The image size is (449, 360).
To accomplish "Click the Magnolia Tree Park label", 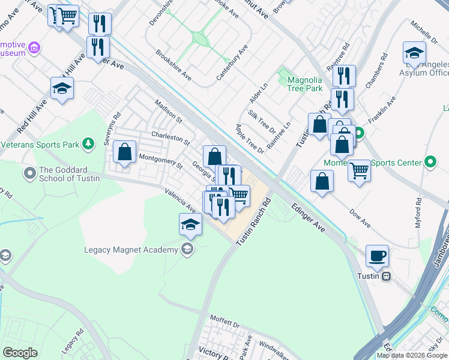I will (305, 83).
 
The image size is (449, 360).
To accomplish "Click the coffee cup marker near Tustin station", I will (377, 256).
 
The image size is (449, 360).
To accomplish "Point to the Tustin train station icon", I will (386, 276).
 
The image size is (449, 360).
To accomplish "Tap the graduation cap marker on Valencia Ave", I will (190, 225).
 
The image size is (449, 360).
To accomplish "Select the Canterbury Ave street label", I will (232, 61).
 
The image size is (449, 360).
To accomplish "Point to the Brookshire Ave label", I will (173, 65).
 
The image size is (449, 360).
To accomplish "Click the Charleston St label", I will (170, 139).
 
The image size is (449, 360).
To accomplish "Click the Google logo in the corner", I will (20, 353).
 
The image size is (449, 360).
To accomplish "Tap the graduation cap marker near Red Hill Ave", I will (62, 89).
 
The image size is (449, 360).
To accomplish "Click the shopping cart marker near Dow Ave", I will (359, 170).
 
